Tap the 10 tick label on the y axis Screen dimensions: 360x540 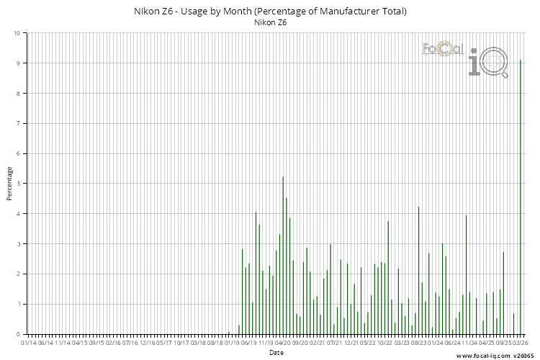click(x=17, y=33)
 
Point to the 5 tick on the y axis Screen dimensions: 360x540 click(x=18, y=184)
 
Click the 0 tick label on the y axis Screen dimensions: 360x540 click(x=18, y=334)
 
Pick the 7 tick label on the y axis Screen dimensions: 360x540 click(x=18, y=123)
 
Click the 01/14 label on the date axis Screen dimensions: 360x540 click(x=28, y=343)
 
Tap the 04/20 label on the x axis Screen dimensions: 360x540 click(x=282, y=343)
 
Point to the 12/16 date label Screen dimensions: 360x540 click(x=147, y=343)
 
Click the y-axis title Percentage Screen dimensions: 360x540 click(x=10, y=184)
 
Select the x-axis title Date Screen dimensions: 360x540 click(x=276, y=353)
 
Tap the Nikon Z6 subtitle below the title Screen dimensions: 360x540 click(x=271, y=22)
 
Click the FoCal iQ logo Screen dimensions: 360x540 click(x=464, y=58)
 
